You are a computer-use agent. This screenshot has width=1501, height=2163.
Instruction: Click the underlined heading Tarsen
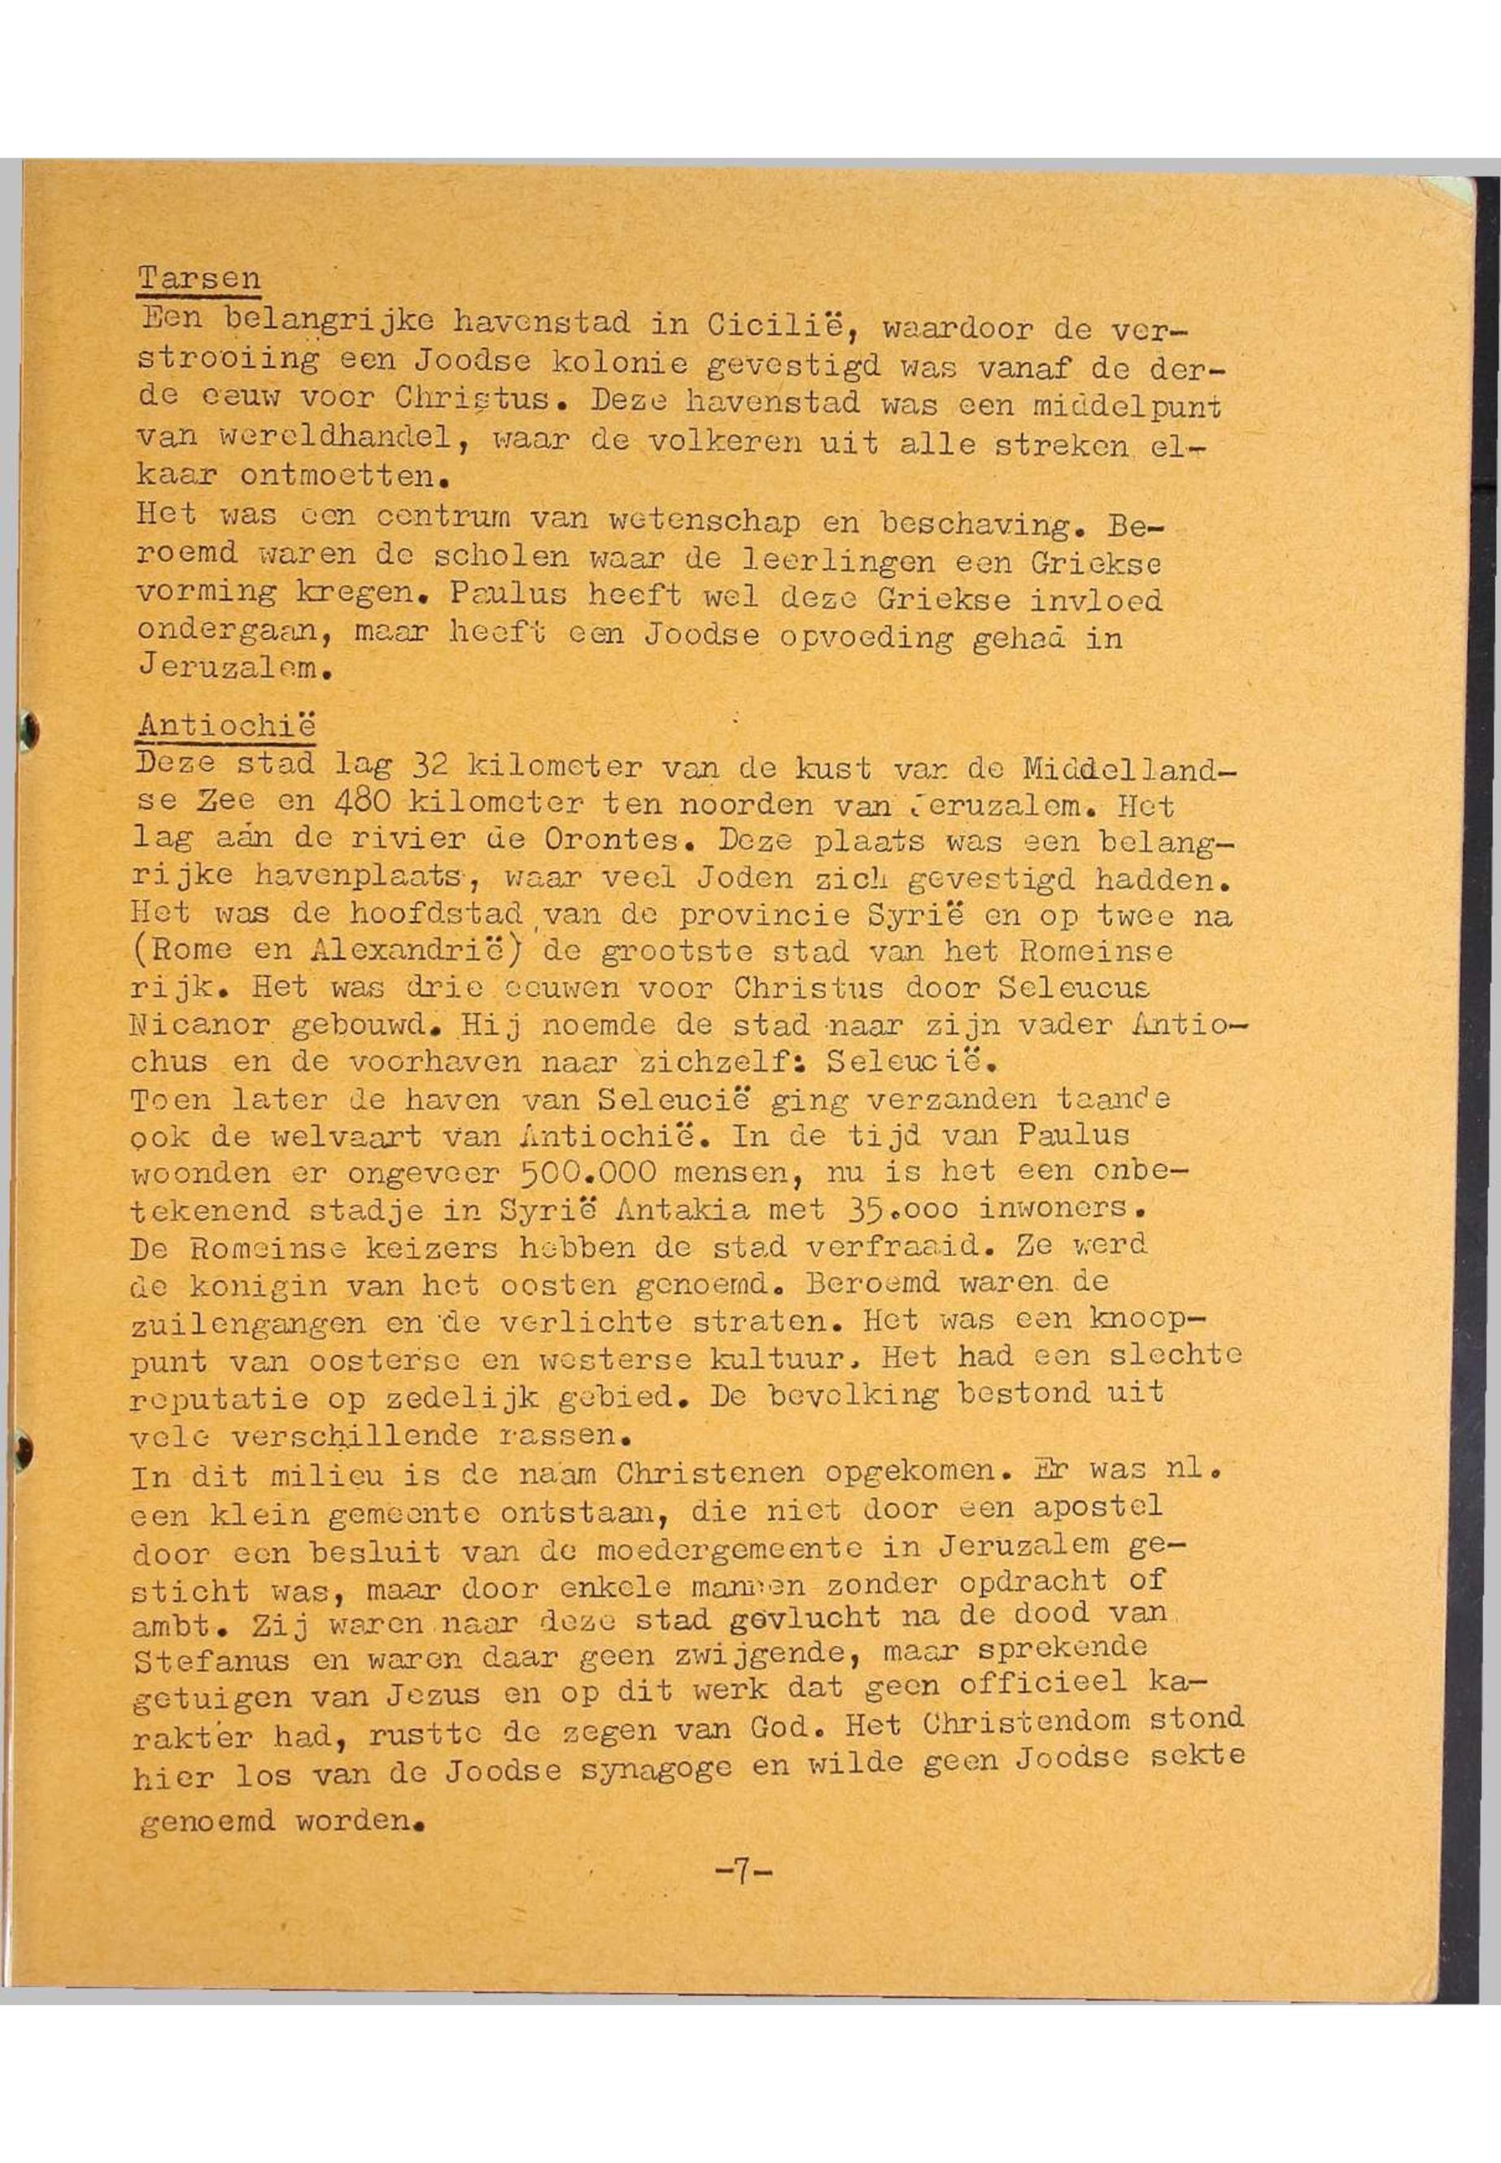tap(199, 278)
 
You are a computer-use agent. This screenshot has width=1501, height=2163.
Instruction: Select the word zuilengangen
tap(249, 1324)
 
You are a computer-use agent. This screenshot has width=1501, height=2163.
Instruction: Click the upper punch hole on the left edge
tap(28, 727)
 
